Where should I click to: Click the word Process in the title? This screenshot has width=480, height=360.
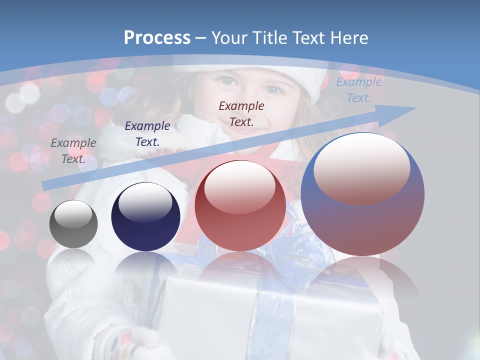click(x=157, y=37)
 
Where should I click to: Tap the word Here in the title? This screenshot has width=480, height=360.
click(x=348, y=37)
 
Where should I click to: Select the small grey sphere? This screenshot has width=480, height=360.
click(x=73, y=224)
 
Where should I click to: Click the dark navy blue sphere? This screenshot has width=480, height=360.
click(x=145, y=217)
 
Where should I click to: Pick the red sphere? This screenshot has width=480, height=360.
click(x=240, y=206)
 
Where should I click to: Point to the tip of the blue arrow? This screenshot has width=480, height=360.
click(x=415, y=107)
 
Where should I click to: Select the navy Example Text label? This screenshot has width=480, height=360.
click(x=147, y=133)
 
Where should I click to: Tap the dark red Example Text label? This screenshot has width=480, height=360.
click(x=241, y=113)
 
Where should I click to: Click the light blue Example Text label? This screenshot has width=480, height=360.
click(x=359, y=90)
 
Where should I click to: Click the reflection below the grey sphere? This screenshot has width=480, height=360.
click(x=73, y=260)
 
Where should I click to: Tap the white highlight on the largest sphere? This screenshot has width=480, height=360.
click(x=361, y=168)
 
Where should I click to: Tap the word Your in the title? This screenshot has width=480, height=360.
click(x=231, y=37)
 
